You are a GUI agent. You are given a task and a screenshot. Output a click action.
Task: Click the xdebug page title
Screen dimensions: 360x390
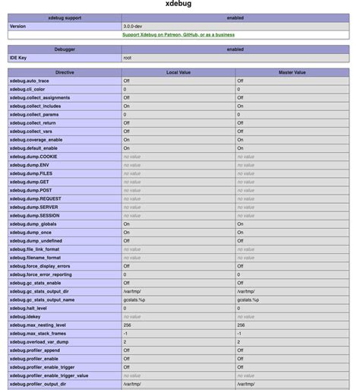tap(179, 4)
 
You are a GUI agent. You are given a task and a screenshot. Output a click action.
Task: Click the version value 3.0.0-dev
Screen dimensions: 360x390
tap(134, 26)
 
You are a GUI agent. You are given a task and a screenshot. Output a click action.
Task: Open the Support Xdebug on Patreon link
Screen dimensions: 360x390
tap(178, 34)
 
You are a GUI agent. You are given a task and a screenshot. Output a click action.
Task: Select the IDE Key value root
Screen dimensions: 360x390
tap(128, 57)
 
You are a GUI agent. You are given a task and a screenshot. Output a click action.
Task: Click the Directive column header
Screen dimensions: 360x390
tap(65, 72)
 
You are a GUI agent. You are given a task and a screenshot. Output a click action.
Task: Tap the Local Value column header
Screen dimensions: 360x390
tap(178, 72)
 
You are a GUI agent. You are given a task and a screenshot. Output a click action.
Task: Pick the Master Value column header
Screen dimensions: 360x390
tap(292, 72)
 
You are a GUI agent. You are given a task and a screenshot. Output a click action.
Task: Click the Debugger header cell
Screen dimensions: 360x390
tap(65, 49)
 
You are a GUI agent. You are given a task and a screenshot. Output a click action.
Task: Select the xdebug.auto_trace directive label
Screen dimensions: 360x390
tap(30, 81)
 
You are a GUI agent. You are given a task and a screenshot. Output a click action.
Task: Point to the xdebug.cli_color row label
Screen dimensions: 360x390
tap(29, 89)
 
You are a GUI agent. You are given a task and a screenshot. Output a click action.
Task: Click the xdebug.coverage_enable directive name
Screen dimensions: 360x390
tap(36, 140)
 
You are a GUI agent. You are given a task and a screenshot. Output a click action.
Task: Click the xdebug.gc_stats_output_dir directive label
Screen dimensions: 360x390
tap(39, 291)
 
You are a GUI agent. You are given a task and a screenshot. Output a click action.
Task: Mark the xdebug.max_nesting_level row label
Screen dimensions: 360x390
tap(37, 325)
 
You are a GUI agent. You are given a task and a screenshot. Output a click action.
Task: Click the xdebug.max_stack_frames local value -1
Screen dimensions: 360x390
tap(125, 333)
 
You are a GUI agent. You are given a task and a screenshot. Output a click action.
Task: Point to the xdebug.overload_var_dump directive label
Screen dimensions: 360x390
tap(37, 341)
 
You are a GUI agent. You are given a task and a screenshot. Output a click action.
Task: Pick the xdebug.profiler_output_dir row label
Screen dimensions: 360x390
tap(38, 384)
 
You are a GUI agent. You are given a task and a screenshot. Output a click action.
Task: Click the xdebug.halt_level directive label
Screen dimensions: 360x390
tap(28, 308)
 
